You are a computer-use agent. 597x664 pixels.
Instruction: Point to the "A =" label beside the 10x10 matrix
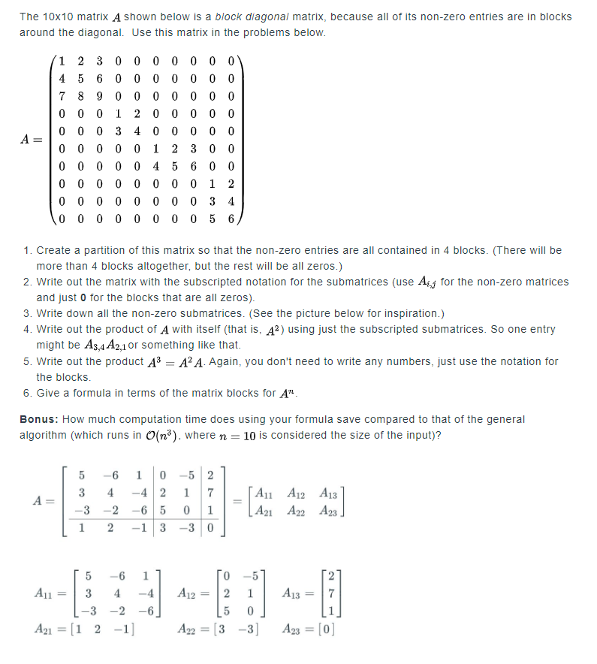coord(34,140)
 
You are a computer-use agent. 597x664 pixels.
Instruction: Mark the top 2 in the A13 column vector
coord(325,576)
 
